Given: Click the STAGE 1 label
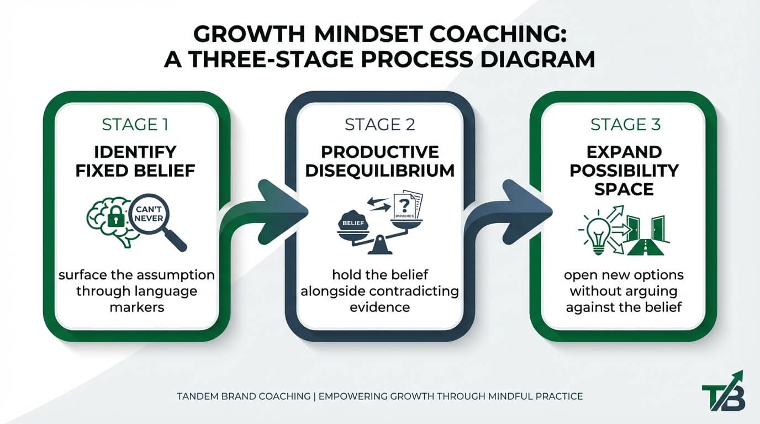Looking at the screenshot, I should (135, 125).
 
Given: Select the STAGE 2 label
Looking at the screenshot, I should (380, 125).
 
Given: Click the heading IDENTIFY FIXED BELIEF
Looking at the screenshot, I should (135, 161).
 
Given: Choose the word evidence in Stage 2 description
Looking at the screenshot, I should (380, 306).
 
